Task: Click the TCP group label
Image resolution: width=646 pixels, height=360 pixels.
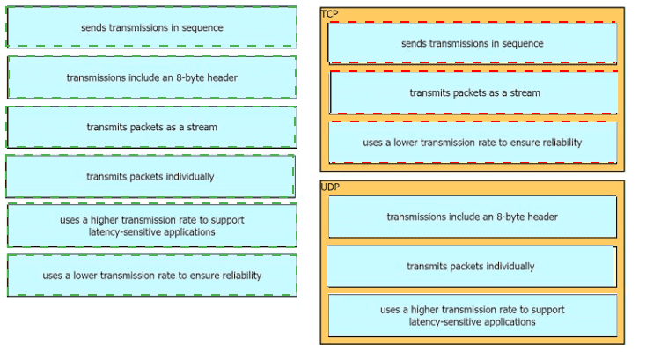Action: coord(329,14)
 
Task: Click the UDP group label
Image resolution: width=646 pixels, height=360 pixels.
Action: coord(330,187)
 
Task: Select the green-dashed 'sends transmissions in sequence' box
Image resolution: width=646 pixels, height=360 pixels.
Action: coord(151,27)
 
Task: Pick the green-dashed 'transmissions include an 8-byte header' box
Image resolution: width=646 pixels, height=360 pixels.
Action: coord(151,77)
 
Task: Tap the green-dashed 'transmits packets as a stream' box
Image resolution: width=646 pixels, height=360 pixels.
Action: coord(151,127)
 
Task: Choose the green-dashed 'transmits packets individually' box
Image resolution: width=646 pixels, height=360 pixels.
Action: coord(150,176)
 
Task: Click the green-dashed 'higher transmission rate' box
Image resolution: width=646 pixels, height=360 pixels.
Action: coord(151,226)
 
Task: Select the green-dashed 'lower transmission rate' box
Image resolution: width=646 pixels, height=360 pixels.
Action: coord(151,276)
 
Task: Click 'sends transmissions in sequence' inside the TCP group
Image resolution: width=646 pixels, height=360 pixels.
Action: coord(472,43)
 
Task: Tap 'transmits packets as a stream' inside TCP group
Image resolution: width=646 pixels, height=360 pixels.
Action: coord(473,92)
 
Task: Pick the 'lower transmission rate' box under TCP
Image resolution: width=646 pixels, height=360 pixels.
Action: coord(472,143)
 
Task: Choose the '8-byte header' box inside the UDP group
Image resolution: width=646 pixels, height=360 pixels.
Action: coord(472,217)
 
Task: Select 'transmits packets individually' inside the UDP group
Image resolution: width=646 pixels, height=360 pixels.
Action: coord(470,266)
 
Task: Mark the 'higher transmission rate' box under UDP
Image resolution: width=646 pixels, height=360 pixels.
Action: coord(472,315)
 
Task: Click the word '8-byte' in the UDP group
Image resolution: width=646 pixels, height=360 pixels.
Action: coord(511,217)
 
